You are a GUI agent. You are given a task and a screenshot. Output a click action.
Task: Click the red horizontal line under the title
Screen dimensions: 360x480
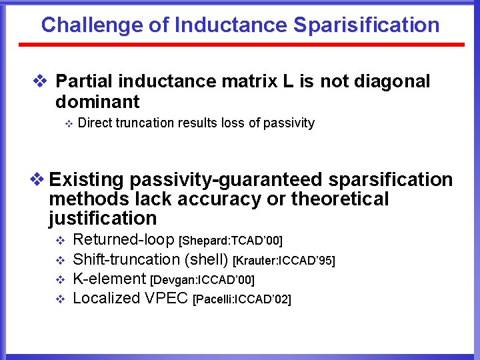tap(240, 45)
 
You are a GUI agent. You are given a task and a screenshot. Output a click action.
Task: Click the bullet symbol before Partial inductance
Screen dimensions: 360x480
tap(40, 82)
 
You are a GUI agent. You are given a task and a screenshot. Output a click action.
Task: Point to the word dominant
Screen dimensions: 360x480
tap(97, 102)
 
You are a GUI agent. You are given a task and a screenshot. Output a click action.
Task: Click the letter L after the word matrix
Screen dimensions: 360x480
tap(288, 81)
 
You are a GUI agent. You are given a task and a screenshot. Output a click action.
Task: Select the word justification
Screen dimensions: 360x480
tap(103, 218)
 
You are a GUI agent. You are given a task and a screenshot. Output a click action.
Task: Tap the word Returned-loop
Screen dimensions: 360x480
tap(125, 239)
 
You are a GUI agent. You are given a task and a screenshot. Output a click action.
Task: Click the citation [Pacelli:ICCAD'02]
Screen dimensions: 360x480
tap(241, 299)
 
